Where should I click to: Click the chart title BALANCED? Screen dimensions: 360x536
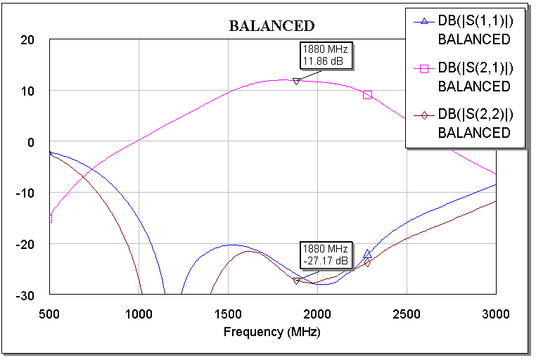click(x=272, y=26)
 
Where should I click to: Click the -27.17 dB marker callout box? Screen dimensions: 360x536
click(x=325, y=255)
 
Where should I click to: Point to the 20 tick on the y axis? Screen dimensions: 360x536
click(x=27, y=40)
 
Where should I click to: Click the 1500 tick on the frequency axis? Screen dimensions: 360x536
click(x=228, y=312)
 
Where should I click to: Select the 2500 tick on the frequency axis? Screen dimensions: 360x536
click(x=407, y=312)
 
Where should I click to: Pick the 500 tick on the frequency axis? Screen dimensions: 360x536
click(x=49, y=312)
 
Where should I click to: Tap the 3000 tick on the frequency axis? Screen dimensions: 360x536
click(x=496, y=312)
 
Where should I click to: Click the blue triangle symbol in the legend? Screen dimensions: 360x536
click(x=424, y=22)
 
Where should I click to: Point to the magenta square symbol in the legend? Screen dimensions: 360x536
click(x=424, y=68)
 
